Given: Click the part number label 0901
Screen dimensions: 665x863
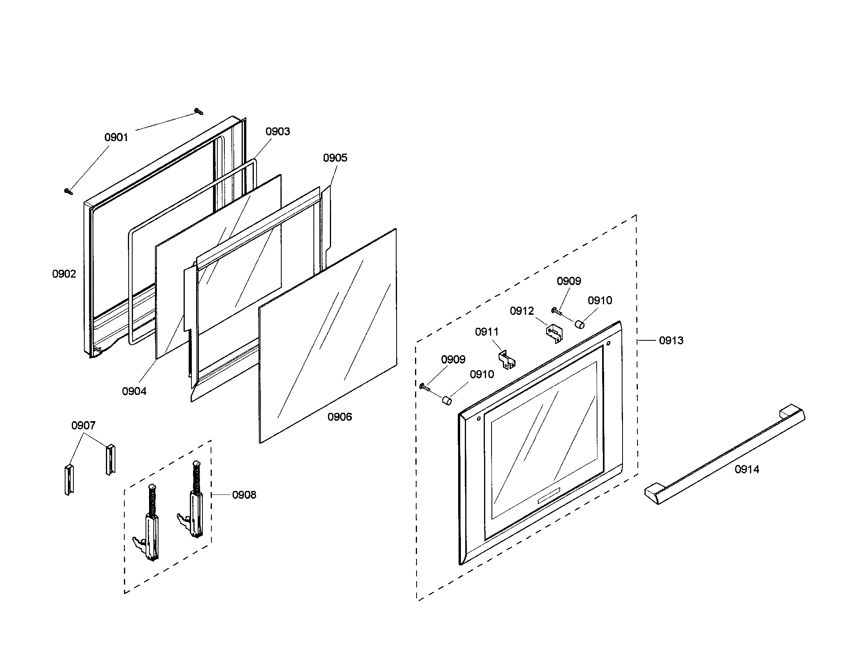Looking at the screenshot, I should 116,137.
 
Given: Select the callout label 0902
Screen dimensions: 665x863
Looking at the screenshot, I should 64,274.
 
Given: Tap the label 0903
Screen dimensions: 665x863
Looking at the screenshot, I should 277,131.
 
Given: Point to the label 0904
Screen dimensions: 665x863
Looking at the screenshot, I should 134,391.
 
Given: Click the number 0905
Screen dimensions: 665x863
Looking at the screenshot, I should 335,158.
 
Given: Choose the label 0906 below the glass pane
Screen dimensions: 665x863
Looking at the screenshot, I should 339,417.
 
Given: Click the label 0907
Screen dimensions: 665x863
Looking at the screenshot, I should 83,425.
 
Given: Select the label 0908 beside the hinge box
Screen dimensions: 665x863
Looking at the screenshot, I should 244,495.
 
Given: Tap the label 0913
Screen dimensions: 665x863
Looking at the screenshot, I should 671,340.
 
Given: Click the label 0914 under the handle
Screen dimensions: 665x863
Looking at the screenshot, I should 747,469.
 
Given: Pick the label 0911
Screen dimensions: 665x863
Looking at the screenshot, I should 486,332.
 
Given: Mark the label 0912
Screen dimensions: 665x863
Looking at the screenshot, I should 522,311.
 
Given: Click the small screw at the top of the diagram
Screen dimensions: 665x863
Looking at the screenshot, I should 198,111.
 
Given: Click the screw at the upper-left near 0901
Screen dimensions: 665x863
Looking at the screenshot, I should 69,191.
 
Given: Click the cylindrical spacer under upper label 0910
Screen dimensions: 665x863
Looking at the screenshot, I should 579,325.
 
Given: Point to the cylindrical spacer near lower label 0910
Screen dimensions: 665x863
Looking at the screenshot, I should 446,400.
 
